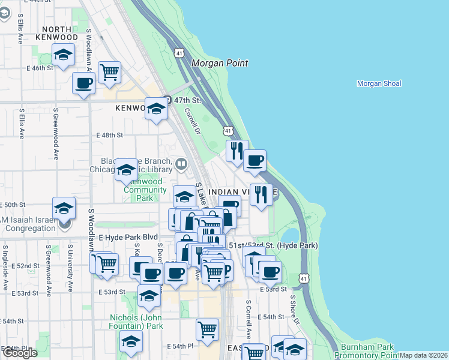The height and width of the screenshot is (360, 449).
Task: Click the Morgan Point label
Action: tap(220, 63)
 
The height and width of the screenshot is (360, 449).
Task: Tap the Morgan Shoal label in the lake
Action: tap(379, 83)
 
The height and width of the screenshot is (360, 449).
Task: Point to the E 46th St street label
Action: tap(40, 68)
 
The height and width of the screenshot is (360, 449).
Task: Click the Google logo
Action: tap(20, 353)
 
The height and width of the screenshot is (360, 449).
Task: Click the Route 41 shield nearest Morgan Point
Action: tap(179, 53)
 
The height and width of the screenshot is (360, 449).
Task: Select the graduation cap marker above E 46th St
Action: tap(63, 55)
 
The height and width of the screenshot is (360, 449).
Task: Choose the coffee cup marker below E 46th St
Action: tap(83, 83)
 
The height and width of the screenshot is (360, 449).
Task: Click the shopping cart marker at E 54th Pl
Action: tap(206, 329)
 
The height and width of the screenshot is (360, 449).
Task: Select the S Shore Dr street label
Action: tap(295, 309)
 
